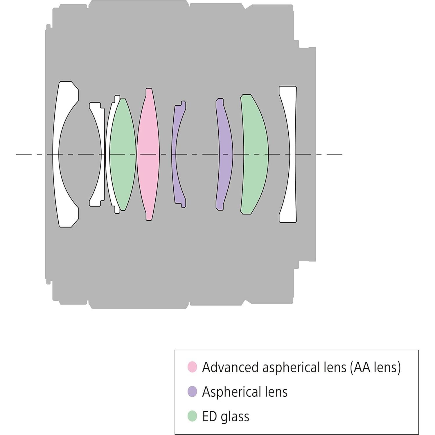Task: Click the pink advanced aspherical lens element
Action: point(148,154)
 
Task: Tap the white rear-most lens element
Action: point(292,154)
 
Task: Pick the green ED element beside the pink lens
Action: point(123,154)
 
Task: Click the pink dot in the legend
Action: point(192,367)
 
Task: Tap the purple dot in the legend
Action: point(192,391)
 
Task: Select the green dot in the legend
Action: point(192,416)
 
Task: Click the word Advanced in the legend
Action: point(231,367)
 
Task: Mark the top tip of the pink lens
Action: point(149,89)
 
